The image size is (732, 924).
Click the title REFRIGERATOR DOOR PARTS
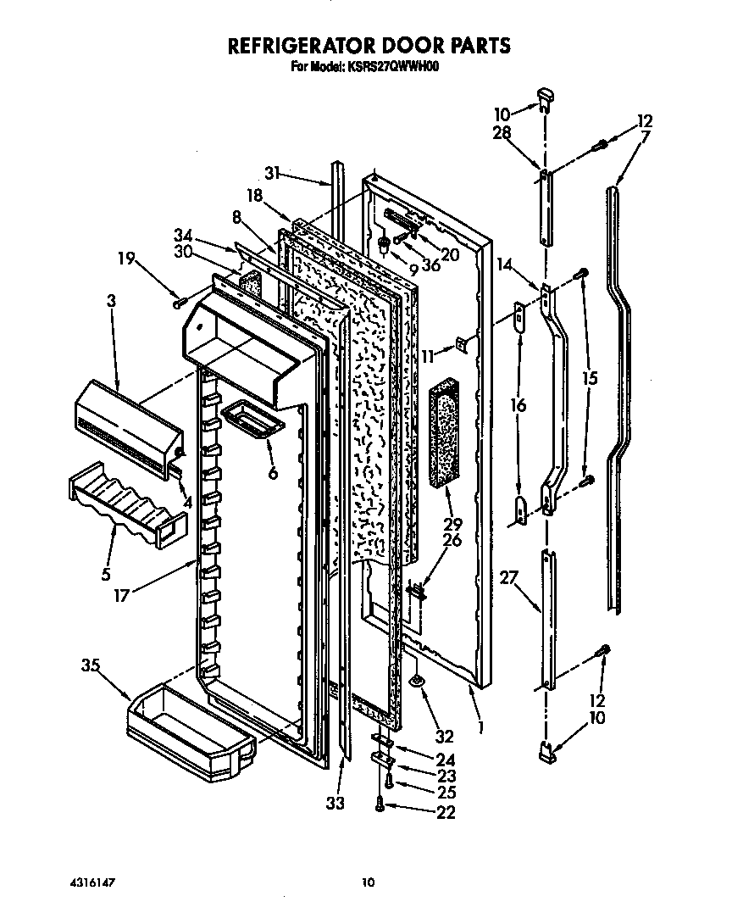pyautogui.click(x=366, y=45)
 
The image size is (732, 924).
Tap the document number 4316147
pyautogui.click(x=94, y=882)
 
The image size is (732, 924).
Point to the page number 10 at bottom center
pyautogui.click(x=367, y=882)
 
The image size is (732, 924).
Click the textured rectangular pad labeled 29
pyautogui.click(x=444, y=437)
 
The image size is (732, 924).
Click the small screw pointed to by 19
pyautogui.click(x=179, y=301)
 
